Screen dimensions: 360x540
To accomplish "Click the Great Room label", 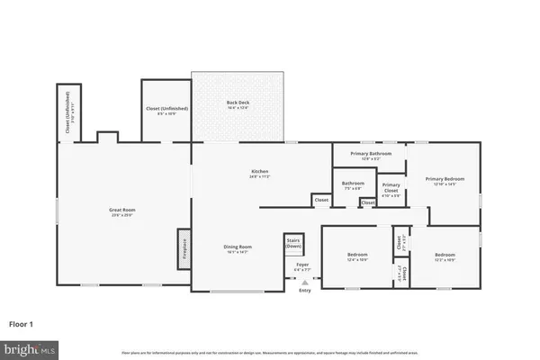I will click(121, 210).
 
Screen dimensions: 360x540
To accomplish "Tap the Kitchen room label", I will click(261, 172).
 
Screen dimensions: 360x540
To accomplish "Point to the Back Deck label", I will click(238, 103).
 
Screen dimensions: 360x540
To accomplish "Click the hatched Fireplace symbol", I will click(183, 245).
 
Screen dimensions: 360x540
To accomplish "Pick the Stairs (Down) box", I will click(292, 243).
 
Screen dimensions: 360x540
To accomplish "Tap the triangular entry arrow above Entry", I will click(304, 282).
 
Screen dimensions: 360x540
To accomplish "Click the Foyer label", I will click(302, 264).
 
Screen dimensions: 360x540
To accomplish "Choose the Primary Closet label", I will click(391, 189).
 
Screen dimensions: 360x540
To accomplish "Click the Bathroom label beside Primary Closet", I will click(353, 184).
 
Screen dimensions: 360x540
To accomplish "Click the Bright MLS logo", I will click(30, 346).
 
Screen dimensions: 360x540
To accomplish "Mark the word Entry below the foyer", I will click(304, 290).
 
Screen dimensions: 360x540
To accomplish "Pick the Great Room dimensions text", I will click(121, 215).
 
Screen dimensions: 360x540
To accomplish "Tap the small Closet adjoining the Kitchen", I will click(320, 200).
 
